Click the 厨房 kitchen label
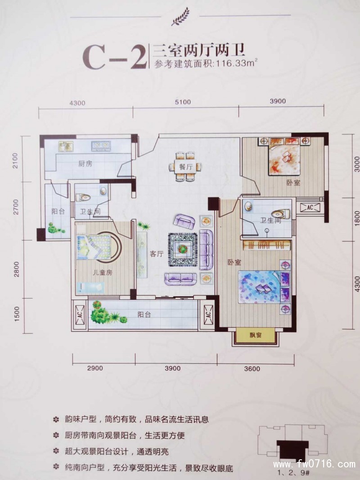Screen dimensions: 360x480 [x=85, y=164]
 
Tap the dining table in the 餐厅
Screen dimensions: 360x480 [x=186, y=167]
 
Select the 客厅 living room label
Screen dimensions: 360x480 [x=156, y=254]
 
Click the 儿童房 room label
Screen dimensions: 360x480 [x=103, y=272]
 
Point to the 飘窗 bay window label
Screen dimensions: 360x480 [x=256, y=335]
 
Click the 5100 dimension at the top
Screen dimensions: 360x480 [x=183, y=102]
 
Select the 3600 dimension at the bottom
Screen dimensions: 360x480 [x=252, y=369]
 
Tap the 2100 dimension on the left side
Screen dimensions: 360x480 [x=16, y=160]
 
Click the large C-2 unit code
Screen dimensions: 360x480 [x=114, y=58]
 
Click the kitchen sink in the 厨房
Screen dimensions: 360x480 [x=66, y=146]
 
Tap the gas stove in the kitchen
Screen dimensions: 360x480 [x=101, y=146]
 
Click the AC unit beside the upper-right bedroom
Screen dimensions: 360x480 [x=310, y=208]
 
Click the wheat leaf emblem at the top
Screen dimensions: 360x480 [x=180, y=18]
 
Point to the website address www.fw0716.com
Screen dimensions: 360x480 [x=314, y=464]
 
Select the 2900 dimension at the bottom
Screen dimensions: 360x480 [x=95, y=368]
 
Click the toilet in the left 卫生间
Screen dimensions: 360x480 [x=82, y=197]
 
